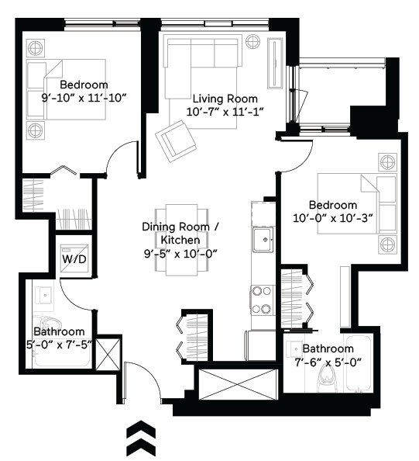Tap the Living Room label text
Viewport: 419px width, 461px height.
click(x=225, y=99)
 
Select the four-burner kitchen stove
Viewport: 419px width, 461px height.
click(x=260, y=300)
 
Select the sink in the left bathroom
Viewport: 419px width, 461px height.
click(x=42, y=295)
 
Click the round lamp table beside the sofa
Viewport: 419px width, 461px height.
click(x=253, y=43)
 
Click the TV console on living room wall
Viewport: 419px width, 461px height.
click(x=275, y=62)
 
